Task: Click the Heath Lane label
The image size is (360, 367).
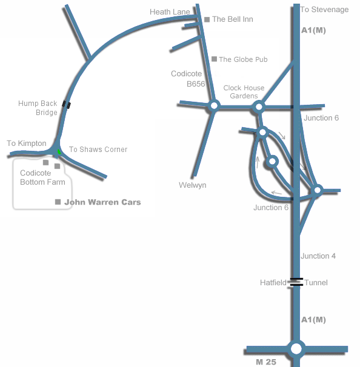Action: click(170, 12)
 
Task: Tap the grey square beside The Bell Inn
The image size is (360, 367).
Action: click(207, 19)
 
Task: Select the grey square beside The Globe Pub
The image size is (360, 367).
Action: click(214, 59)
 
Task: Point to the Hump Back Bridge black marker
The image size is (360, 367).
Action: click(66, 104)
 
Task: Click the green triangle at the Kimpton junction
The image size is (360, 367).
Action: click(59, 151)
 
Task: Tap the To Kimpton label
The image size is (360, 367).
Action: click(27, 144)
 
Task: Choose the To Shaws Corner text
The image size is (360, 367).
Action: click(98, 150)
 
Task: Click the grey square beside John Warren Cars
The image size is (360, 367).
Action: click(58, 202)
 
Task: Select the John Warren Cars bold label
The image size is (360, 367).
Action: click(102, 202)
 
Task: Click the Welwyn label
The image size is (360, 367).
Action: click(193, 185)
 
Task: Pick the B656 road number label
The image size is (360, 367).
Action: click(196, 84)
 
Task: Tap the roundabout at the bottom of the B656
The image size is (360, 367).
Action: click(214, 106)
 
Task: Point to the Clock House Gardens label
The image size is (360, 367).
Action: click(244, 92)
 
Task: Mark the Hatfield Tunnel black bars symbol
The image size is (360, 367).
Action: click(296, 282)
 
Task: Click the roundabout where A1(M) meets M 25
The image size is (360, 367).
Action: click(296, 349)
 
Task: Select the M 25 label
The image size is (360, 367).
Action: click(266, 362)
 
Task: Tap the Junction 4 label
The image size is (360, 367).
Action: click(318, 256)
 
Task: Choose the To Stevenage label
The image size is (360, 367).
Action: click(324, 9)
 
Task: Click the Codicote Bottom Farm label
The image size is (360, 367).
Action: click(42, 177)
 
